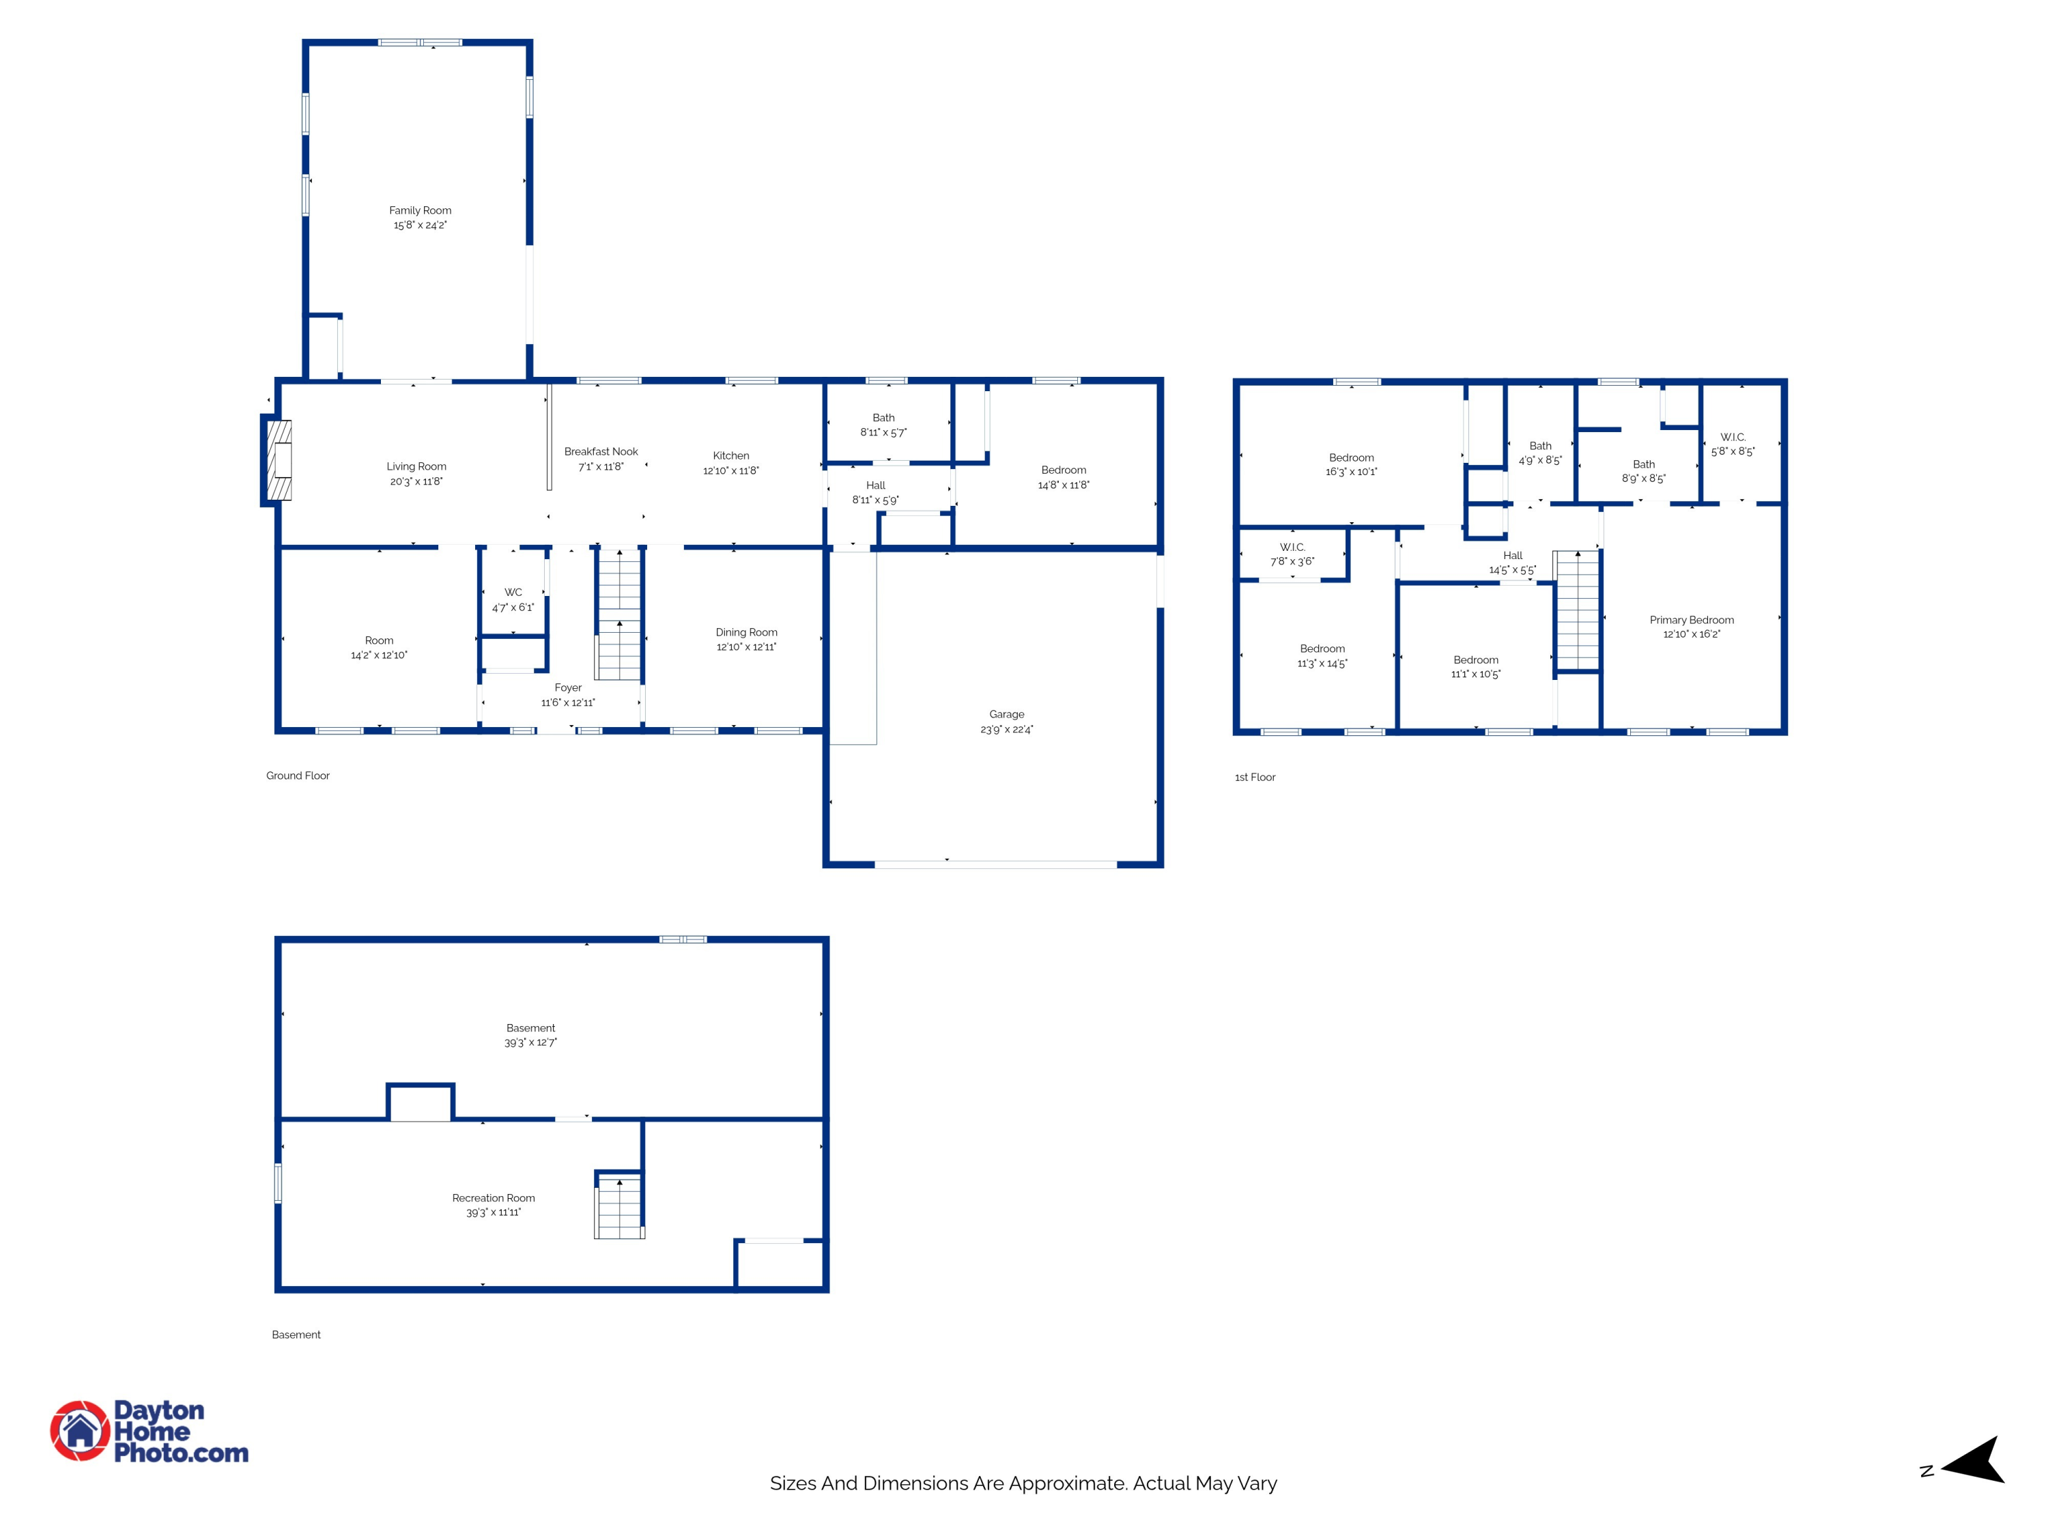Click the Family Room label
tap(419, 210)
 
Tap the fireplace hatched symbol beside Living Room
tap(279, 460)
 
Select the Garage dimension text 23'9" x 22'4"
tap(1006, 730)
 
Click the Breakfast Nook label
tap(601, 452)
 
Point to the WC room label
tap(513, 593)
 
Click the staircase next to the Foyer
tap(618, 615)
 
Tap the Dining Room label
tap(746, 632)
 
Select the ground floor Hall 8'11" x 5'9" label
tap(875, 493)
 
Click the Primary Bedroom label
tap(1692, 621)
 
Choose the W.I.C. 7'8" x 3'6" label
tap(1292, 554)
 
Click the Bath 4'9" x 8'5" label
tap(1539, 453)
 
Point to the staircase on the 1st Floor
tap(1577, 610)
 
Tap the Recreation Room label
tap(494, 1198)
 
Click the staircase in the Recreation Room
tap(618, 1206)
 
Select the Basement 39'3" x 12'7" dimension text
tap(530, 1042)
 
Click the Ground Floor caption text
tap(297, 776)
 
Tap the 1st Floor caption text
tap(1255, 778)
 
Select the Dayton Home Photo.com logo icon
tap(80, 1430)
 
